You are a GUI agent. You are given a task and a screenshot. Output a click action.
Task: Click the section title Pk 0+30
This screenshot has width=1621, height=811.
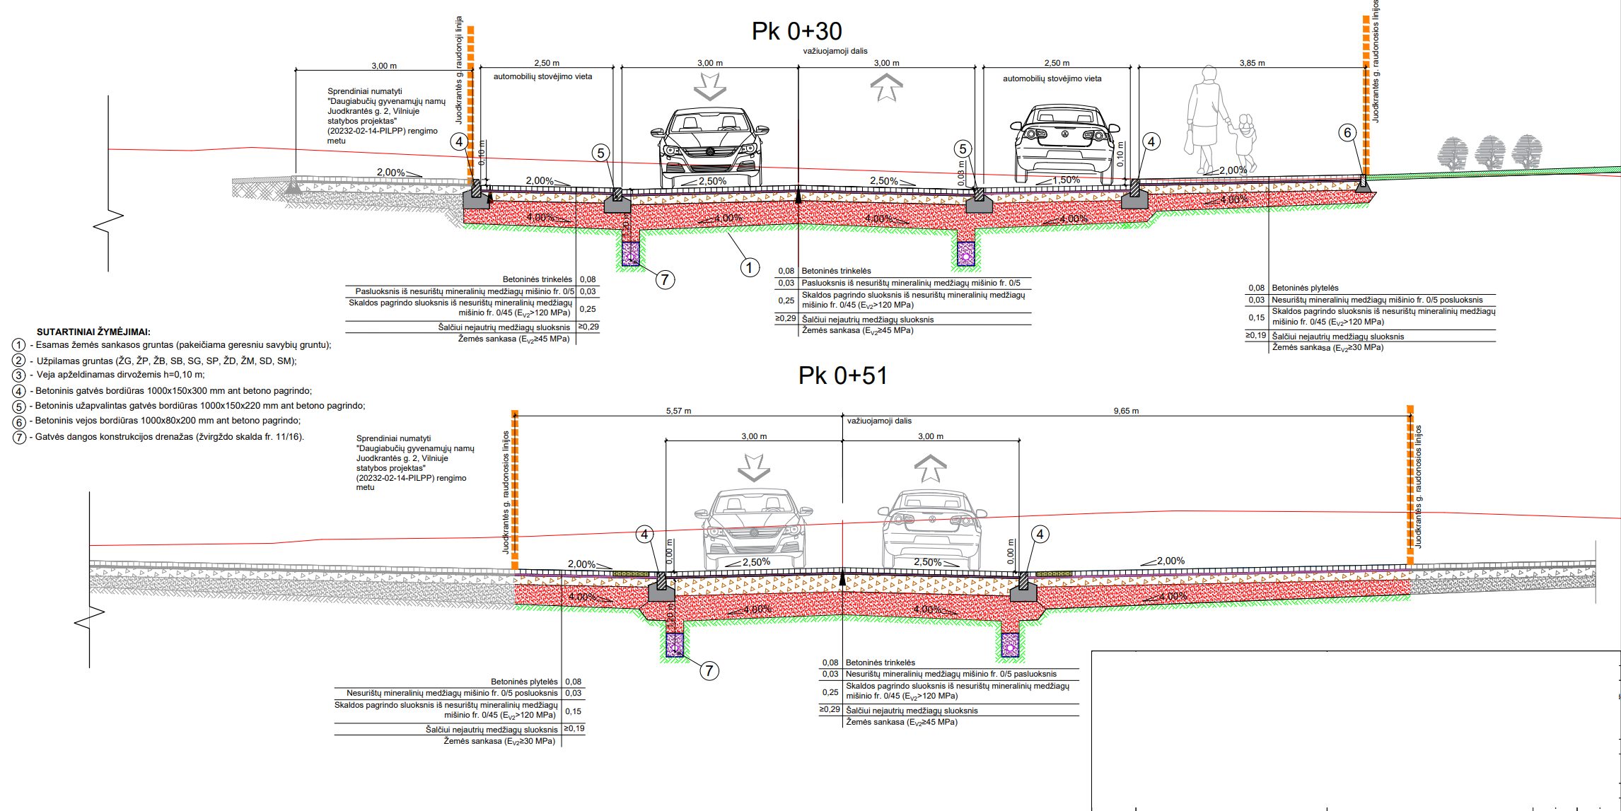pos(796,31)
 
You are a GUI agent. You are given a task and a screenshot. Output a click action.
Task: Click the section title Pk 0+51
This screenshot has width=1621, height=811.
pos(842,375)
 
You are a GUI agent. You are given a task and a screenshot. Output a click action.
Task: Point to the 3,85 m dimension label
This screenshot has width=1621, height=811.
pos(1252,63)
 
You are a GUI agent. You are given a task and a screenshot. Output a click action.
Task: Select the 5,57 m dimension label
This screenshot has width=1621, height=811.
pos(678,411)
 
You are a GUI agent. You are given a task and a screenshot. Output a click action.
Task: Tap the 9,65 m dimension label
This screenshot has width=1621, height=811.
pos(1126,411)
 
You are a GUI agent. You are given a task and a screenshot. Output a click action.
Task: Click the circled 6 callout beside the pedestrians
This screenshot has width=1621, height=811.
pos(1347,133)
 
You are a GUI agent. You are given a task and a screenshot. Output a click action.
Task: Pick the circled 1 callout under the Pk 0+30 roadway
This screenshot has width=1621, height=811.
pos(749,267)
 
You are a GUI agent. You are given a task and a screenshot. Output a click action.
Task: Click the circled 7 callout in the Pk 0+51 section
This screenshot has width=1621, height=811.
pos(709,670)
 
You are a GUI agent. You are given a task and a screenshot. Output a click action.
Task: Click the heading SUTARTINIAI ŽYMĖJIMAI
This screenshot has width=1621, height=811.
pos(93,332)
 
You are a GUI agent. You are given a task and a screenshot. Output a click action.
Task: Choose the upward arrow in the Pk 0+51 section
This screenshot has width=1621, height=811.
pos(929,468)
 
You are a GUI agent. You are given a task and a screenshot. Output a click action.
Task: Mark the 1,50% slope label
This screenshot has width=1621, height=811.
pos(1066,180)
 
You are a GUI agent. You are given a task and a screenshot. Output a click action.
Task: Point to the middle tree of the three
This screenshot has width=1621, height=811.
pos(1489,153)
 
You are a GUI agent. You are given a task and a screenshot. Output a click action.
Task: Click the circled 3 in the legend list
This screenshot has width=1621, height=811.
pos(19,375)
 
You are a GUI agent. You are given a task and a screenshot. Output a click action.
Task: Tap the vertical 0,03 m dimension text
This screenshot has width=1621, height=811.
pos(961,174)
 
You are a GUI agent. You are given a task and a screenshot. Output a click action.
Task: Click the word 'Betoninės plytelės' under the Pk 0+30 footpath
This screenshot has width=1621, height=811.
pos(1305,288)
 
